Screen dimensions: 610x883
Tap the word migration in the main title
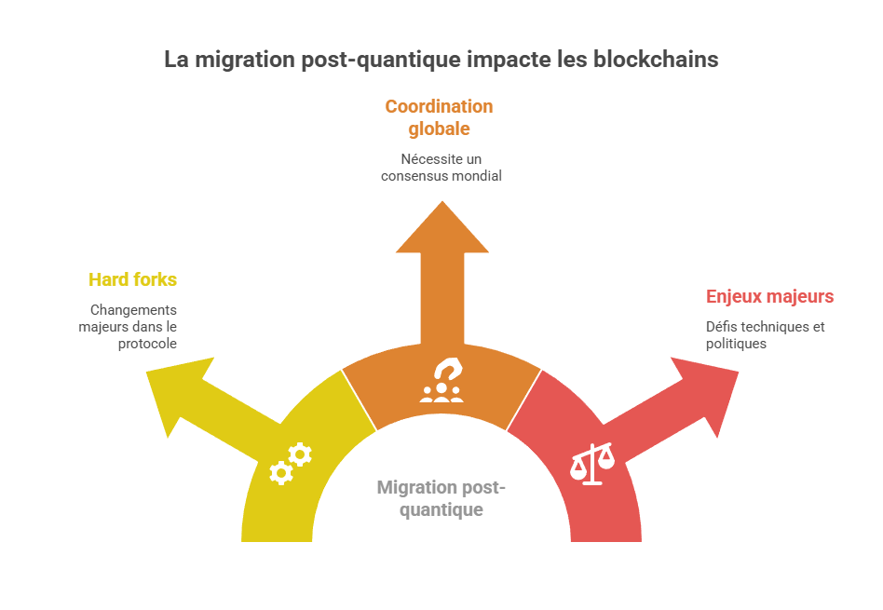pyautogui.click(x=238, y=59)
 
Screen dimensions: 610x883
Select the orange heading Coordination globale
pyautogui.click(x=439, y=117)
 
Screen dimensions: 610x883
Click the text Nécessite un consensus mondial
pyautogui.click(x=441, y=167)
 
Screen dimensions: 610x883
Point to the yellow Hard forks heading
pyautogui.click(x=132, y=279)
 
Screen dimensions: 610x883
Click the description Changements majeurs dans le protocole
pyautogui.click(x=131, y=326)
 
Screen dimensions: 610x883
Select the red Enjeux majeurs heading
pyautogui.click(x=769, y=297)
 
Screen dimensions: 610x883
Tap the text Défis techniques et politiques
pyautogui.click(x=765, y=335)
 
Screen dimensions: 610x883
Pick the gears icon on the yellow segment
pyautogui.click(x=290, y=464)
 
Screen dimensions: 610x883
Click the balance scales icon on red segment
pyautogui.click(x=592, y=463)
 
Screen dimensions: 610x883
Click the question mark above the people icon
pyautogui.click(x=447, y=371)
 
